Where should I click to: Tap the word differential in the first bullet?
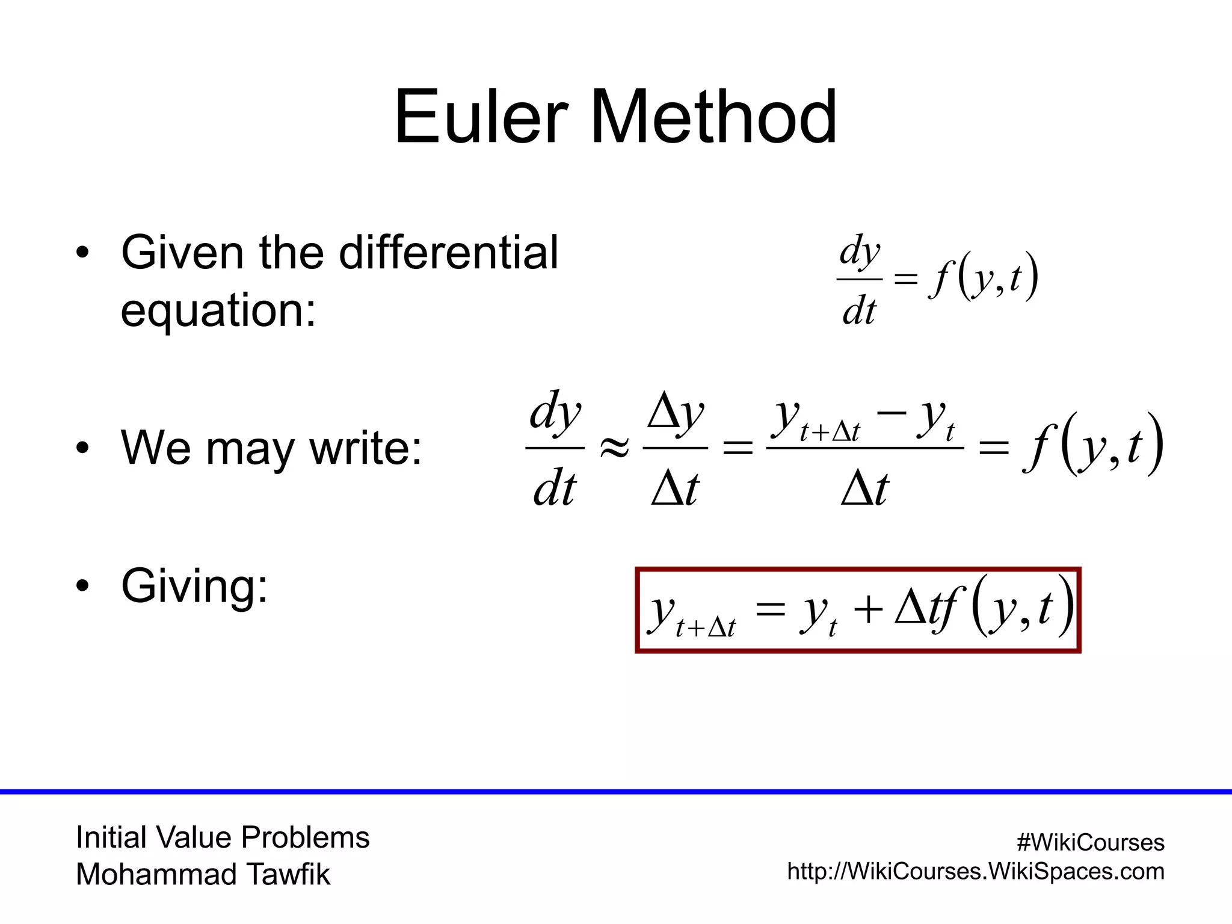[x=448, y=253]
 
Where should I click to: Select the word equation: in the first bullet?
[x=218, y=312]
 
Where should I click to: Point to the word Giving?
[x=194, y=585]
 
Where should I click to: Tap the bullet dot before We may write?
[x=82, y=448]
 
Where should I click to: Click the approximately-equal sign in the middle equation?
[x=614, y=448]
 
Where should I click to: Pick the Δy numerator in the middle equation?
[x=675, y=413]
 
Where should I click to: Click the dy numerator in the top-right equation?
[x=860, y=251]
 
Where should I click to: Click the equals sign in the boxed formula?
[x=770, y=609]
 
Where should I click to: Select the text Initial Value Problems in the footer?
[x=223, y=837]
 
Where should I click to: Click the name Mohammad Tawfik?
[x=203, y=874]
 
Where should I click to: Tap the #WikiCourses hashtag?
[x=1090, y=842]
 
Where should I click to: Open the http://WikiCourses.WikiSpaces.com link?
[x=975, y=871]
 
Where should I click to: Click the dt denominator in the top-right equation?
[x=859, y=312]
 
